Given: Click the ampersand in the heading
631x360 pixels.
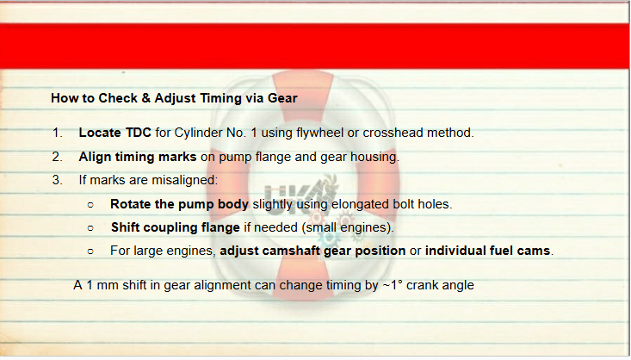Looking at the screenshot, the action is (145, 98).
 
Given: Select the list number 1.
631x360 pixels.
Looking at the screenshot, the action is (58, 133).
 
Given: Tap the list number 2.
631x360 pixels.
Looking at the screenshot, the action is (57, 157).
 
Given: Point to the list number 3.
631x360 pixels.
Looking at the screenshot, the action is (57, 180).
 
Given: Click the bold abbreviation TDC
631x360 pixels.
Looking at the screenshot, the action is (138, 133).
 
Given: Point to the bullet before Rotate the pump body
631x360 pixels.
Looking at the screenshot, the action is (90, 205).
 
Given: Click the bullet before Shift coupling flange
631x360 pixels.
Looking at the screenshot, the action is (90, 228).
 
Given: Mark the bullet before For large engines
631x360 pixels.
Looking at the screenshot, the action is (90, 251).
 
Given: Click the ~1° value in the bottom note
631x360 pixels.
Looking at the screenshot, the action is (393, 285).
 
